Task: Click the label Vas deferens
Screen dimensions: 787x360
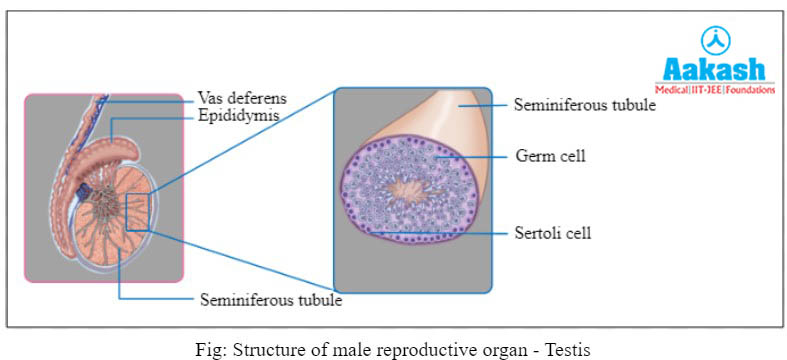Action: pos(242,98)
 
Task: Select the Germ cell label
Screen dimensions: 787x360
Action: pos(550,156)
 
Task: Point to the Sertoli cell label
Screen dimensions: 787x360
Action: pos(554,233)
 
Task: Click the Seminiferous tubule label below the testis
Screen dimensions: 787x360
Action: pos(271,299)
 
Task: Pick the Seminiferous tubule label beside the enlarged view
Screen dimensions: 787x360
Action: pos(584,104)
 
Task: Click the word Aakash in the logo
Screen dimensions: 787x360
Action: pos(715,70)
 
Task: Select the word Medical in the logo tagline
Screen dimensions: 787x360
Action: pos(676,88)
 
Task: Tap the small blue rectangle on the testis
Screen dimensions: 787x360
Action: pos(138,212)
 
